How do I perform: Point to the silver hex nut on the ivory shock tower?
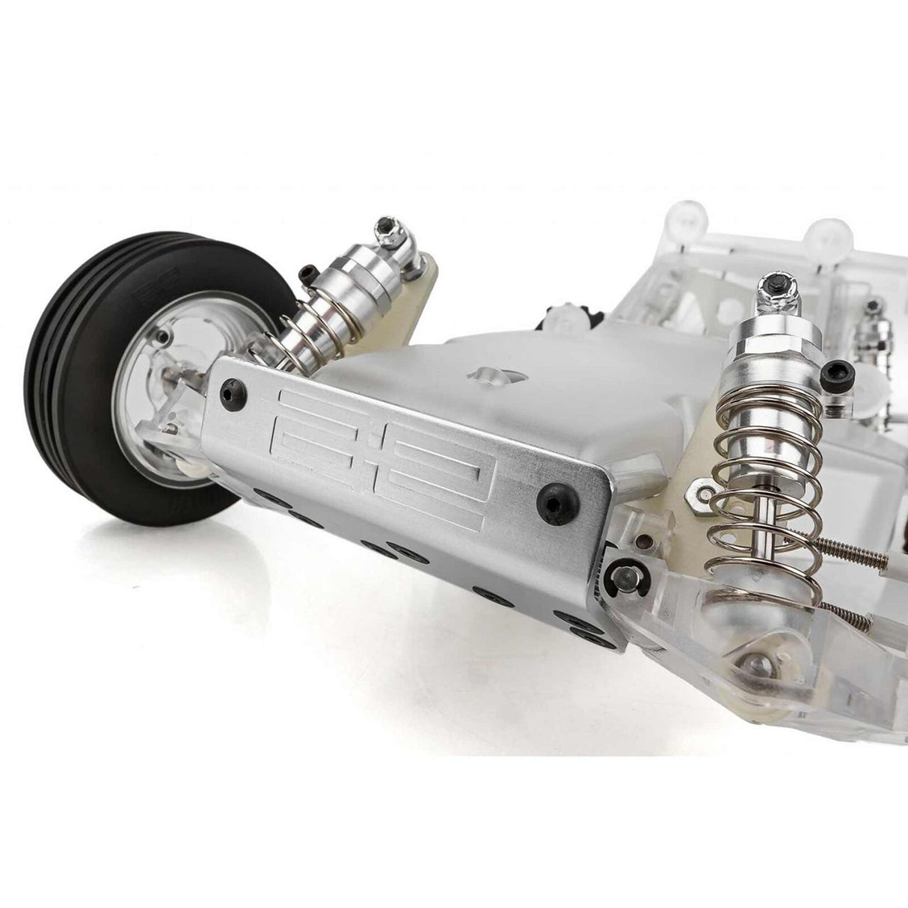[703, 488]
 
